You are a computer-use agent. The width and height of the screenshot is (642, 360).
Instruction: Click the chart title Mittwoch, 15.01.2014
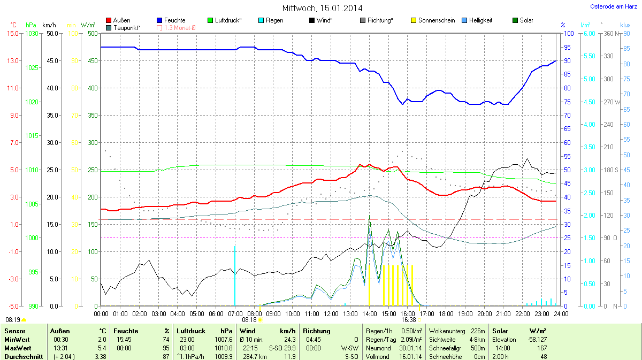pyautogui.click(x=322, y=8)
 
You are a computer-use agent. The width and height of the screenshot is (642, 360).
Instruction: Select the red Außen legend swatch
pyautogui.click(x=109, y=20)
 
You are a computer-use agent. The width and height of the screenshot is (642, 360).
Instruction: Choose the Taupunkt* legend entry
pyautogui.click(x=127, y=27)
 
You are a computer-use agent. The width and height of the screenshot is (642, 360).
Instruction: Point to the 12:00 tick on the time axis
pyautogui.click(x=331, y=313)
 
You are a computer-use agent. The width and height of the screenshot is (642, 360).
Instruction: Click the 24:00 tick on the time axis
pyautogui.click(x=561, y=313)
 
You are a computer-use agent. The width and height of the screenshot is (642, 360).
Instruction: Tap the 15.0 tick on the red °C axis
pyautogui.click(x=12, y=33)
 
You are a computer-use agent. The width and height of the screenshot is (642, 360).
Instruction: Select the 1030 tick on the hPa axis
pyautogui.click(x=32, y=33)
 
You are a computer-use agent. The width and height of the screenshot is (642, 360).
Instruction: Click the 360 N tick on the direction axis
pyautogui.click(x=610, y=33)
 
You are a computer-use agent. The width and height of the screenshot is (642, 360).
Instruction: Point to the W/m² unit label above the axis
pyautogui.click(x=88, y=25)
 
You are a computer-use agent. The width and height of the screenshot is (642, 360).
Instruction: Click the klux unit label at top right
pyautogui.click(x=625, y=25)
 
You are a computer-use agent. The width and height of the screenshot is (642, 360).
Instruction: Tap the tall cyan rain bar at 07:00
pyautogui.click(x=235, y=275)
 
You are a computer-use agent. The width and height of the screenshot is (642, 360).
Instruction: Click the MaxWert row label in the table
pyautogui.click(x=17, y=348)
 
